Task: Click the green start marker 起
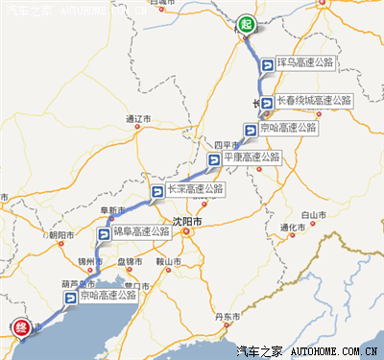(246, 24)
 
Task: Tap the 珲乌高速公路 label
(304, 62)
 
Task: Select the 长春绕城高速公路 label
(315, 100)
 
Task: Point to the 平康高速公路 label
(252, 157)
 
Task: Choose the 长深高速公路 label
(194, 190)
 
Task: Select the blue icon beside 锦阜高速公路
(103, 233)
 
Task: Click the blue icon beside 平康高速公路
(213, 158)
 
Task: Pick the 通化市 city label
(292, 228)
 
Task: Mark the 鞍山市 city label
(169, 261)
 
